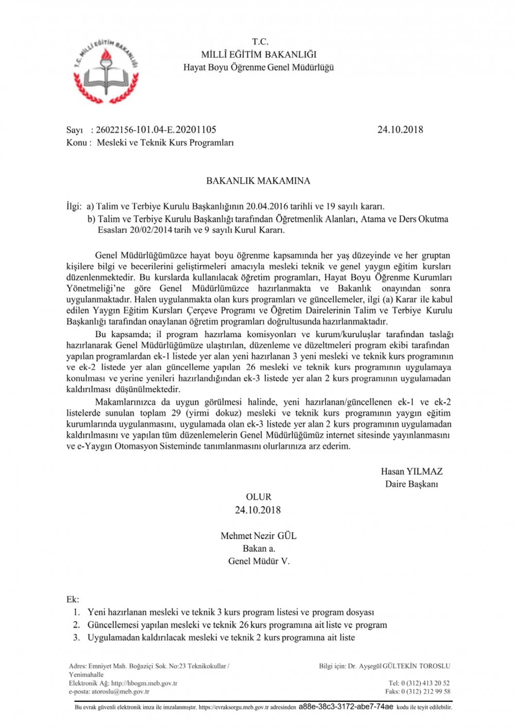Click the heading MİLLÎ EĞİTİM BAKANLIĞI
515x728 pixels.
(x=259, y=55)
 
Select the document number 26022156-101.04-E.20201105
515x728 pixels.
(x=156, y=130)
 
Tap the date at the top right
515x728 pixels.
(x=400, y=130)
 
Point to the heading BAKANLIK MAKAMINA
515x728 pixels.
(x=258, y=181)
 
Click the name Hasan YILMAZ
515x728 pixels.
(x=411, y=471)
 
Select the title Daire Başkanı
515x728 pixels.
(x=411, y=484)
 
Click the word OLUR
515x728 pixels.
(x=259, y=497)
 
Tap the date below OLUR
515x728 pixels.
(x=258, y=510)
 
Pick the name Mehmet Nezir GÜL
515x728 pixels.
(x=259, y=535)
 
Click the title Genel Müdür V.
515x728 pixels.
(x=259, y=561)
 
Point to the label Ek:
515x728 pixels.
(x=73, y=599)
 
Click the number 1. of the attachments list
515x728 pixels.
(x=76, y=612)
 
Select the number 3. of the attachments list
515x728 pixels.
(x=76, y=637)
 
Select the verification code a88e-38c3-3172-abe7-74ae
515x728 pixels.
(x=346, y=707)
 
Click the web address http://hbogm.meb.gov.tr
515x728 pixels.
(x=144, y=683)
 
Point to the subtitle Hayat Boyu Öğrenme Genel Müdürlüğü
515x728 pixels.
(x=259, y=67)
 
